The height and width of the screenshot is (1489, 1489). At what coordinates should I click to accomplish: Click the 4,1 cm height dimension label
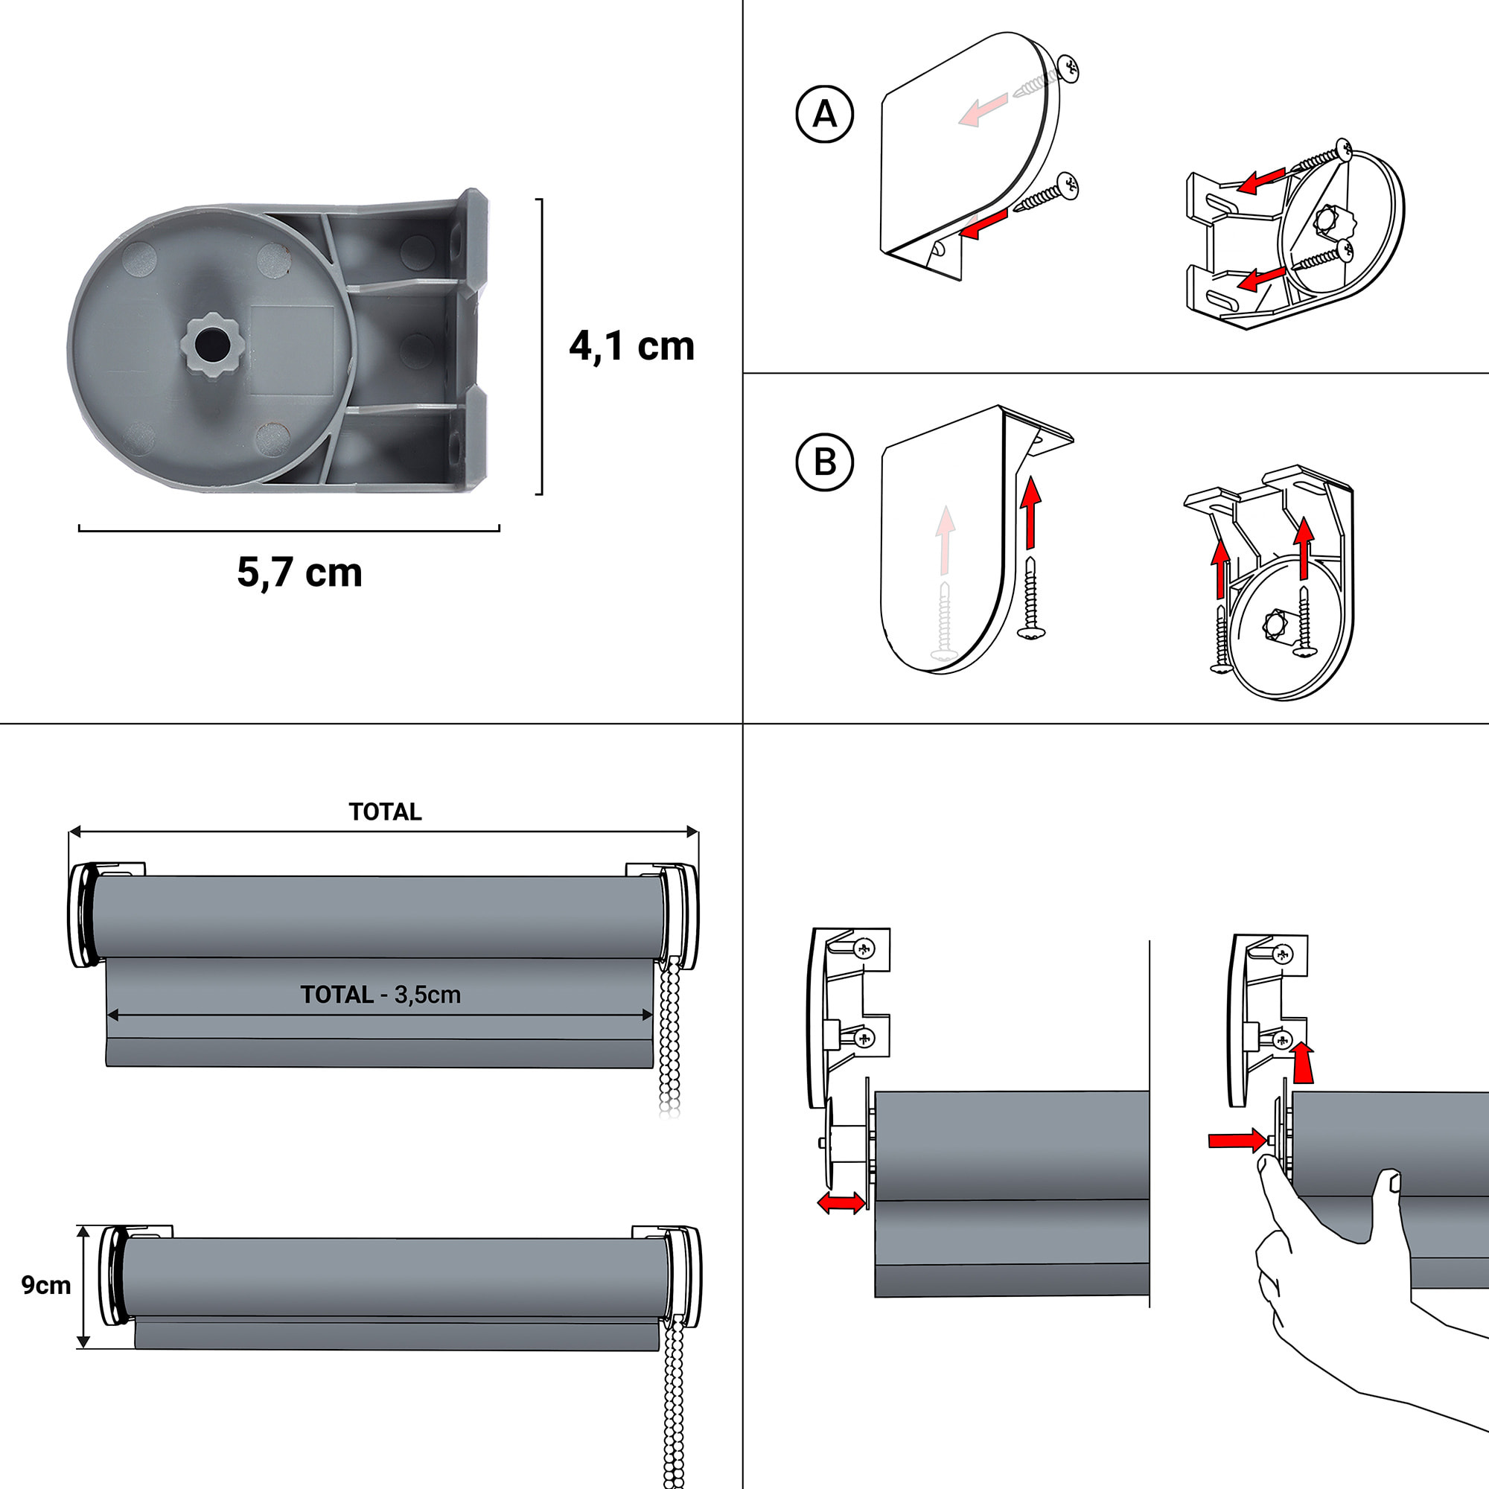pyautogui.click(x=631, y=346)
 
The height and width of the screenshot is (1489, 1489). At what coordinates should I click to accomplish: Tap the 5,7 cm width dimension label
pyautogui.click(x=299, y=573)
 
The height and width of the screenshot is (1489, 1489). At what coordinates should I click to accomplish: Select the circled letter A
pyautogui.click(x=824, y=114)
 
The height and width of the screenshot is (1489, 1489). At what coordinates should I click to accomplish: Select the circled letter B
pyautogui.click(x=824, y=462)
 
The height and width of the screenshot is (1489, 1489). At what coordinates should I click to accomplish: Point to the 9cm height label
pyautogui.click(x=45, y=1286)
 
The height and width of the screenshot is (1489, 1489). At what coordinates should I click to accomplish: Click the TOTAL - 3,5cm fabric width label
pyautogui.click(x=380, y=995)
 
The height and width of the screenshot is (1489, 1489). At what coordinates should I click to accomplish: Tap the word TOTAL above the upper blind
pyautogui.click(x=385, y=812)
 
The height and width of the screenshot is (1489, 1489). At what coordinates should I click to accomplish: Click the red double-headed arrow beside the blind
pyautogui.click(x=841, y=1203)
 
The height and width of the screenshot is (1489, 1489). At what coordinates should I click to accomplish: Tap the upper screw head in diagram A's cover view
pyautogui.click(x=1068, y=68)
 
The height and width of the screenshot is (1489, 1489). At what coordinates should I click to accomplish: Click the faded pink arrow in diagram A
pyautogui.click(x=983, y=109)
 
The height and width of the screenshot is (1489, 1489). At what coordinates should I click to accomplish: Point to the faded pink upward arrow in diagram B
pyautogui.click(x=945, y=540)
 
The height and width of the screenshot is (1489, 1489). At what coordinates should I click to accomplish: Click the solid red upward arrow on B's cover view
pyautogui.click(x=1030, y=512)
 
